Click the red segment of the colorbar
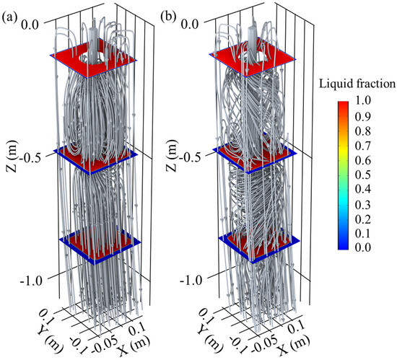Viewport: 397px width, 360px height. point(346,108)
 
